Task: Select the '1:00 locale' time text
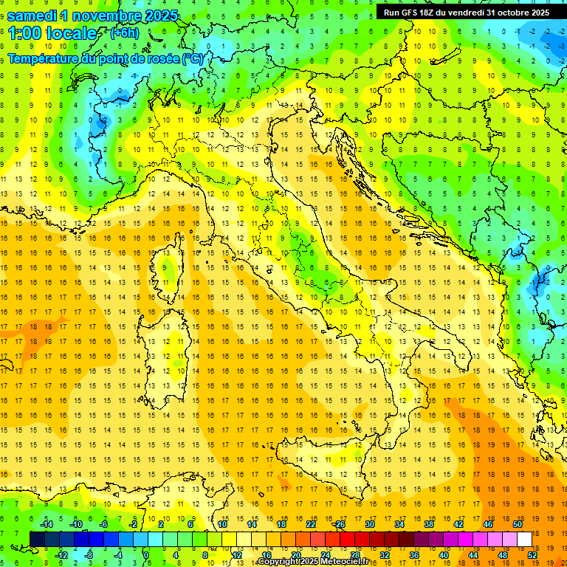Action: tap(52, 33)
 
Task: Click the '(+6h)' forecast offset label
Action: tap(123, 32)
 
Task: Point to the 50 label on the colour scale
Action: tap(517, 524)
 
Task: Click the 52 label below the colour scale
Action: tap(532, 555)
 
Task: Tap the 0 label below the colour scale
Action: tap(145, 555)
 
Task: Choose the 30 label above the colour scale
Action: tap(369, 524)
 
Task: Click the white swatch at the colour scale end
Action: tap(524, 539)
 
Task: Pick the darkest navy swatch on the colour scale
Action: tap(37, 539)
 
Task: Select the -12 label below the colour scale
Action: tap(61, 555)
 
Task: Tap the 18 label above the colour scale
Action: tap(281, 524)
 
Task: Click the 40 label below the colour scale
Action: tap(443, 555)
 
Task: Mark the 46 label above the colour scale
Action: tap(487, 524)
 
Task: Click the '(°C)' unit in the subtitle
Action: tap(193, 58)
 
